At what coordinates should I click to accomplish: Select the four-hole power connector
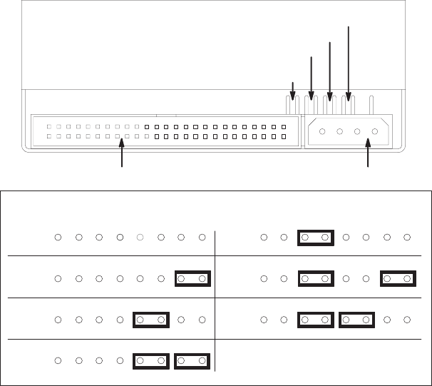point(349,131)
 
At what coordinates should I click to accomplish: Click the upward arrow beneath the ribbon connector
point(123,155)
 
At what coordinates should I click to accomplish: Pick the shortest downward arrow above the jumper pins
point(293,91)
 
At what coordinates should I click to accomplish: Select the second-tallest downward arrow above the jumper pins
point(329,69)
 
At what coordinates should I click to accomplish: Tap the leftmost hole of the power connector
point(322,131)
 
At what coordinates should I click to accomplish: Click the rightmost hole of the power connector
point(374,131)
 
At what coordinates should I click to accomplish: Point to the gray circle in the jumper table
point(140,237)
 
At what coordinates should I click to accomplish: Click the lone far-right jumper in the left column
point(192,278)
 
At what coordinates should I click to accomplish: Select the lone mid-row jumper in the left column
point(151,320)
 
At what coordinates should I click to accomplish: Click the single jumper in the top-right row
point(315,237)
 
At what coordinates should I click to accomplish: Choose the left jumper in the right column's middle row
point(315,278)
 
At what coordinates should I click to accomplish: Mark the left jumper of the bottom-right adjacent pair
point(315,320)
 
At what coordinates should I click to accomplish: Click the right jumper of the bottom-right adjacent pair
point(356,320)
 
